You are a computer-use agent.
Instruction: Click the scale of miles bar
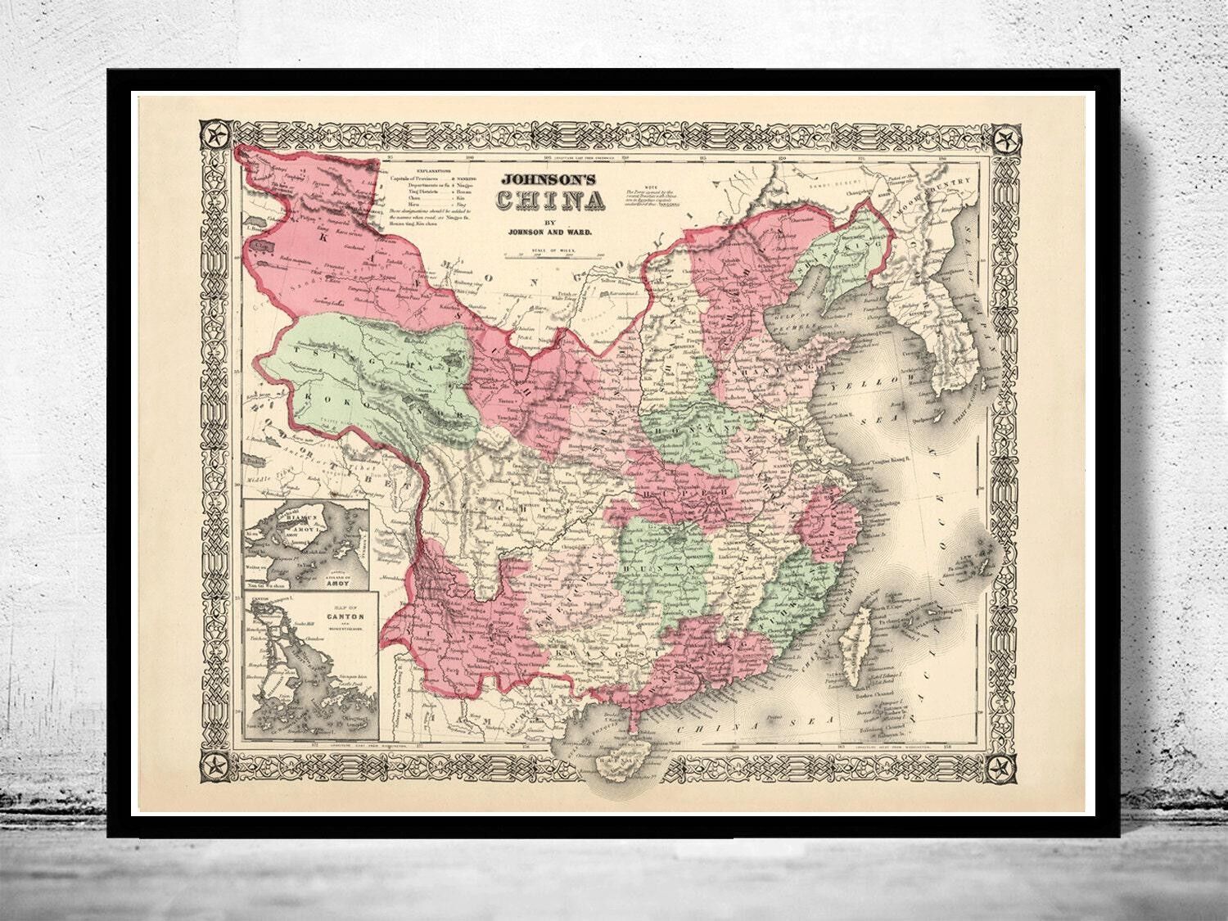553,255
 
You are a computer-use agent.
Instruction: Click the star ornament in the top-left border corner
217,133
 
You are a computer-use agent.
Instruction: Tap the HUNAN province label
661,565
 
